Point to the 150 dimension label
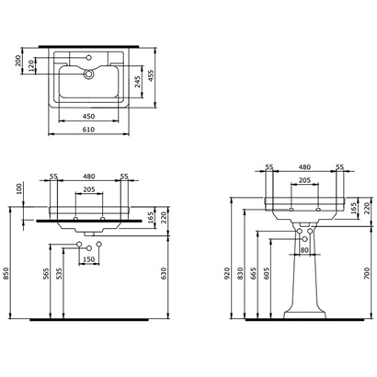click(90, 259)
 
